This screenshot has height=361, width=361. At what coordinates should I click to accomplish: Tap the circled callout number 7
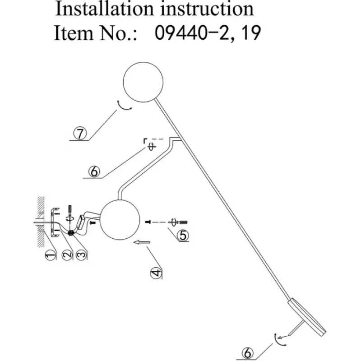pos(80,134)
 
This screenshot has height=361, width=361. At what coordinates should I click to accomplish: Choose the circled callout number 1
pos(50,255)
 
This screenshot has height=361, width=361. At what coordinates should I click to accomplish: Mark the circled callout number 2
pos(66,255)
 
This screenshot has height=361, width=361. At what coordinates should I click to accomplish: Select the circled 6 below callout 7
pos(93,171)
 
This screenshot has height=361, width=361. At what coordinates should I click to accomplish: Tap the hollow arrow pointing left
pos(142,243)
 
